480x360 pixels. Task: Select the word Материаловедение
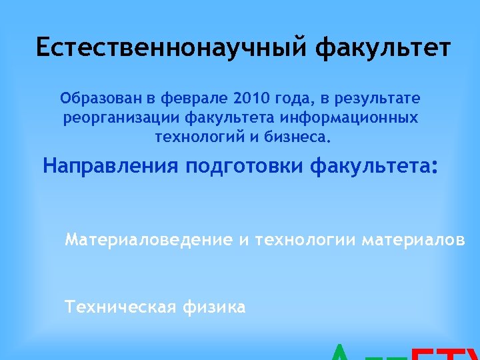149,239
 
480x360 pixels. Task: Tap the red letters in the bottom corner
443,353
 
